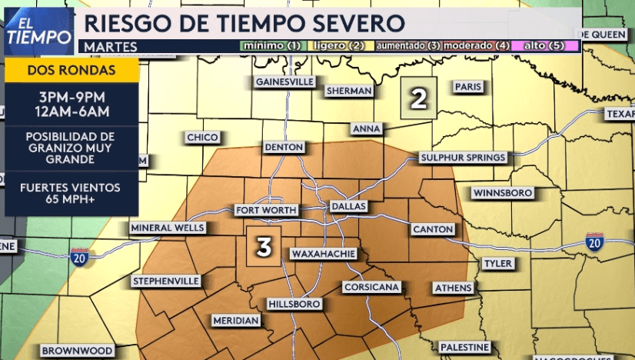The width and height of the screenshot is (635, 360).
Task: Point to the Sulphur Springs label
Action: point(463,158)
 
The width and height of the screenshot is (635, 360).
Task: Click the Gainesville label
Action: point(284,82)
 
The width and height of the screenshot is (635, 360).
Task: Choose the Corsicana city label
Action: point(372,287)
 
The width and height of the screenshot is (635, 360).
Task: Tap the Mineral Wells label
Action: point(168,228)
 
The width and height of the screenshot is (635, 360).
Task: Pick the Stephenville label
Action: point(166,281)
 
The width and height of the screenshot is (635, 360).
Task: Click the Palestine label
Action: point(464,347)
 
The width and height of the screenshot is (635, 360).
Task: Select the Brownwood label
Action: point(78,351)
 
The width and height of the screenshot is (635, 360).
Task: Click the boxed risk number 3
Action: point(264,247)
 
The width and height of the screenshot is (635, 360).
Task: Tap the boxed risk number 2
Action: point(418,98)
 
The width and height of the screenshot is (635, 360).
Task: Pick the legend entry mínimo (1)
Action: point(271,45)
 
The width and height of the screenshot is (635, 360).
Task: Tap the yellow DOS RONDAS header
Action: point(71,70)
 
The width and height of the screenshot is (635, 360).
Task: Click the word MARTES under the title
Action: point(111,47)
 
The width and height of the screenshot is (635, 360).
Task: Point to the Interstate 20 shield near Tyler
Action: point(593,240)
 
